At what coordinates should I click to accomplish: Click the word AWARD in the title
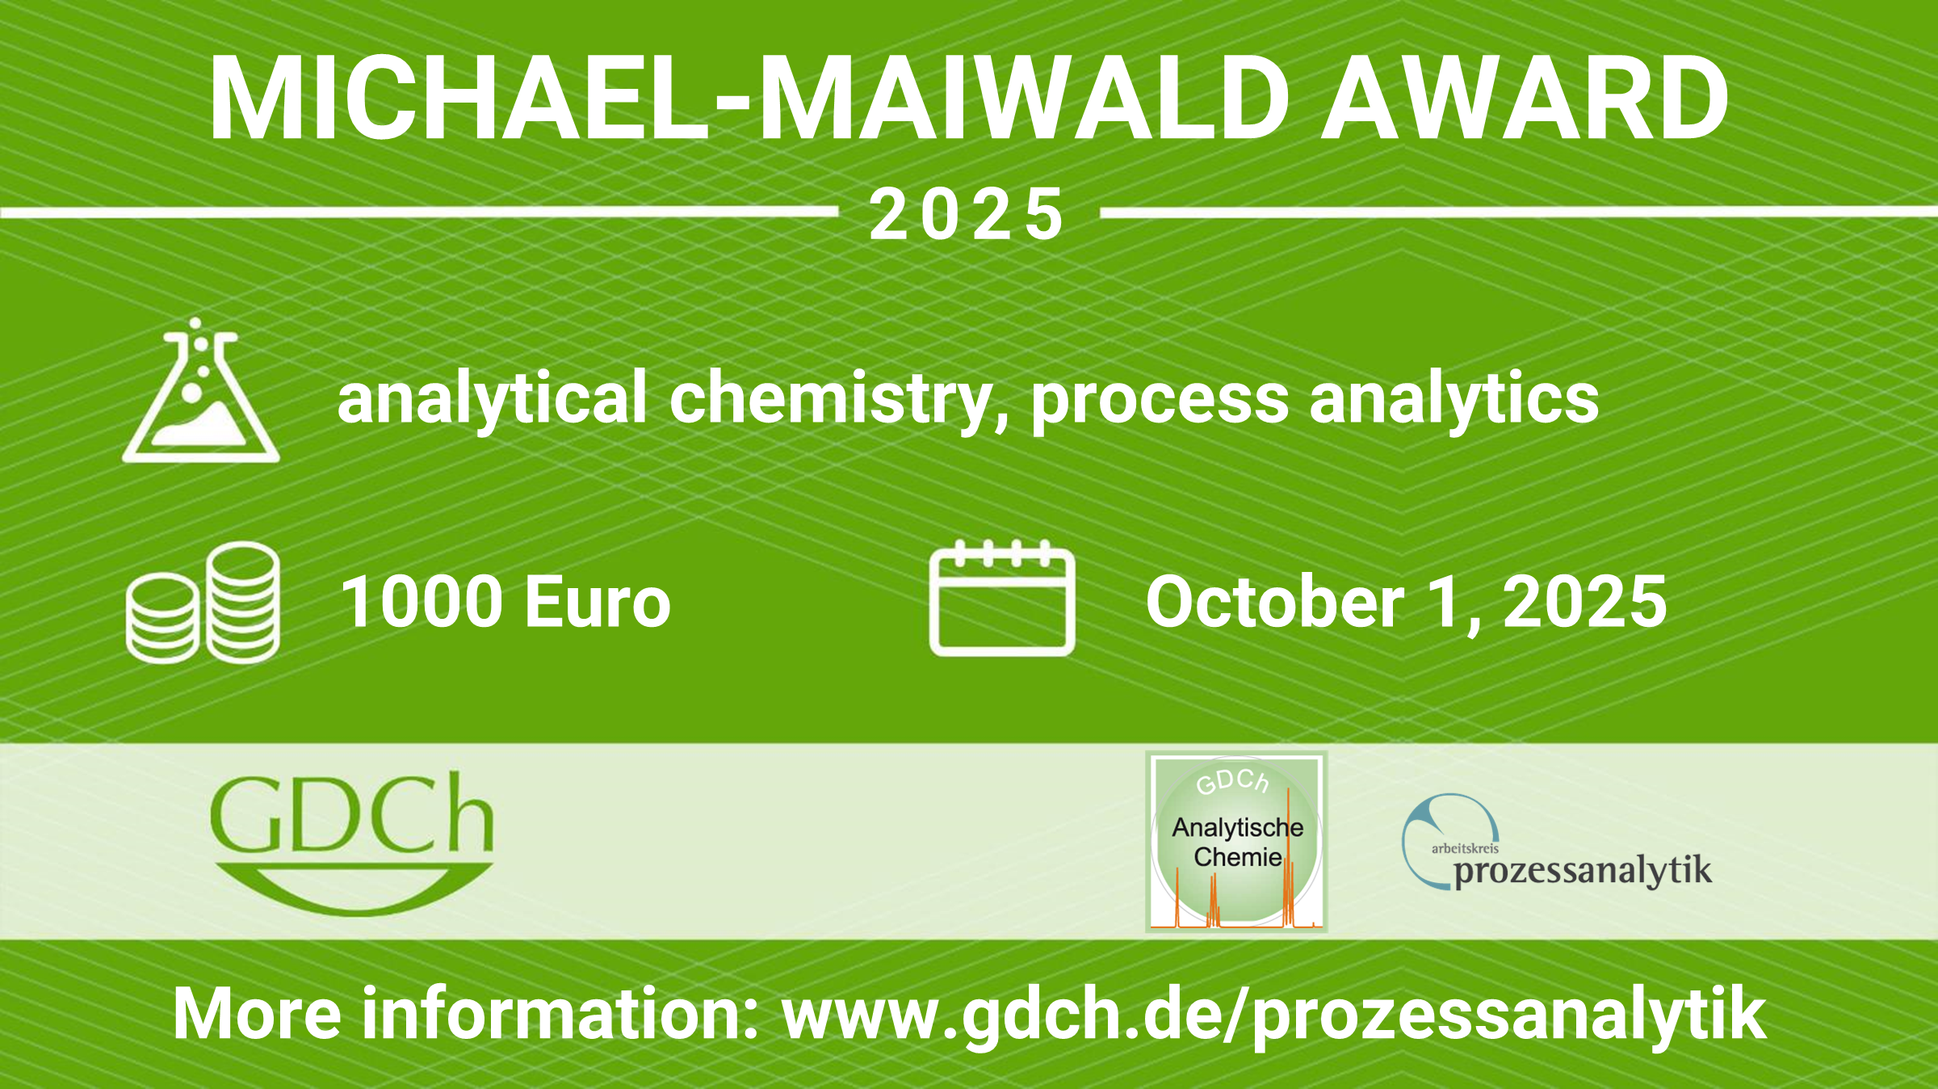point(1525,99)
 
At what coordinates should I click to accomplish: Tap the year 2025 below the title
point(967,214)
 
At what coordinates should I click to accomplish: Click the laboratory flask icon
point(200,390)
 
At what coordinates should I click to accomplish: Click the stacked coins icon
point(203,603)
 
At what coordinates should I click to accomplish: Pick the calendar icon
point(1002,598)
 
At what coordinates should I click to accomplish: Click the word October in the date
point(1275,601)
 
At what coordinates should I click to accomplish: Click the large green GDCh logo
point(352,843)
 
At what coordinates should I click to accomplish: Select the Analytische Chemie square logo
point(1236,842)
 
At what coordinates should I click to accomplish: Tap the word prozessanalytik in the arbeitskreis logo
point(1583,871)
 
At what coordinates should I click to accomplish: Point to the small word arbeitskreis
point(1465,848)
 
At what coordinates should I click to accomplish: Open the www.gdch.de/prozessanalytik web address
point(1273,1015)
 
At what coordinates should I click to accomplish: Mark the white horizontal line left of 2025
point(419,212)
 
